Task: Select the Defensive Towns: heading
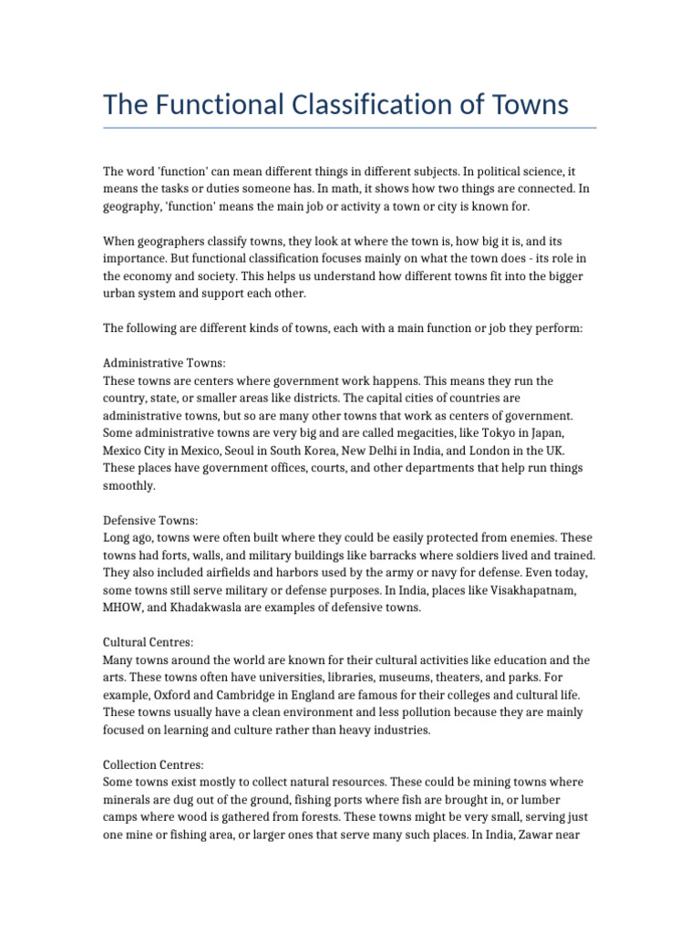(x=150, y=520)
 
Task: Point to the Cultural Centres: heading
(x=148, y=642)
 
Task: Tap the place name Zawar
(x=549, y=835)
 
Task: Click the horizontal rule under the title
(x=350, y=128)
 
